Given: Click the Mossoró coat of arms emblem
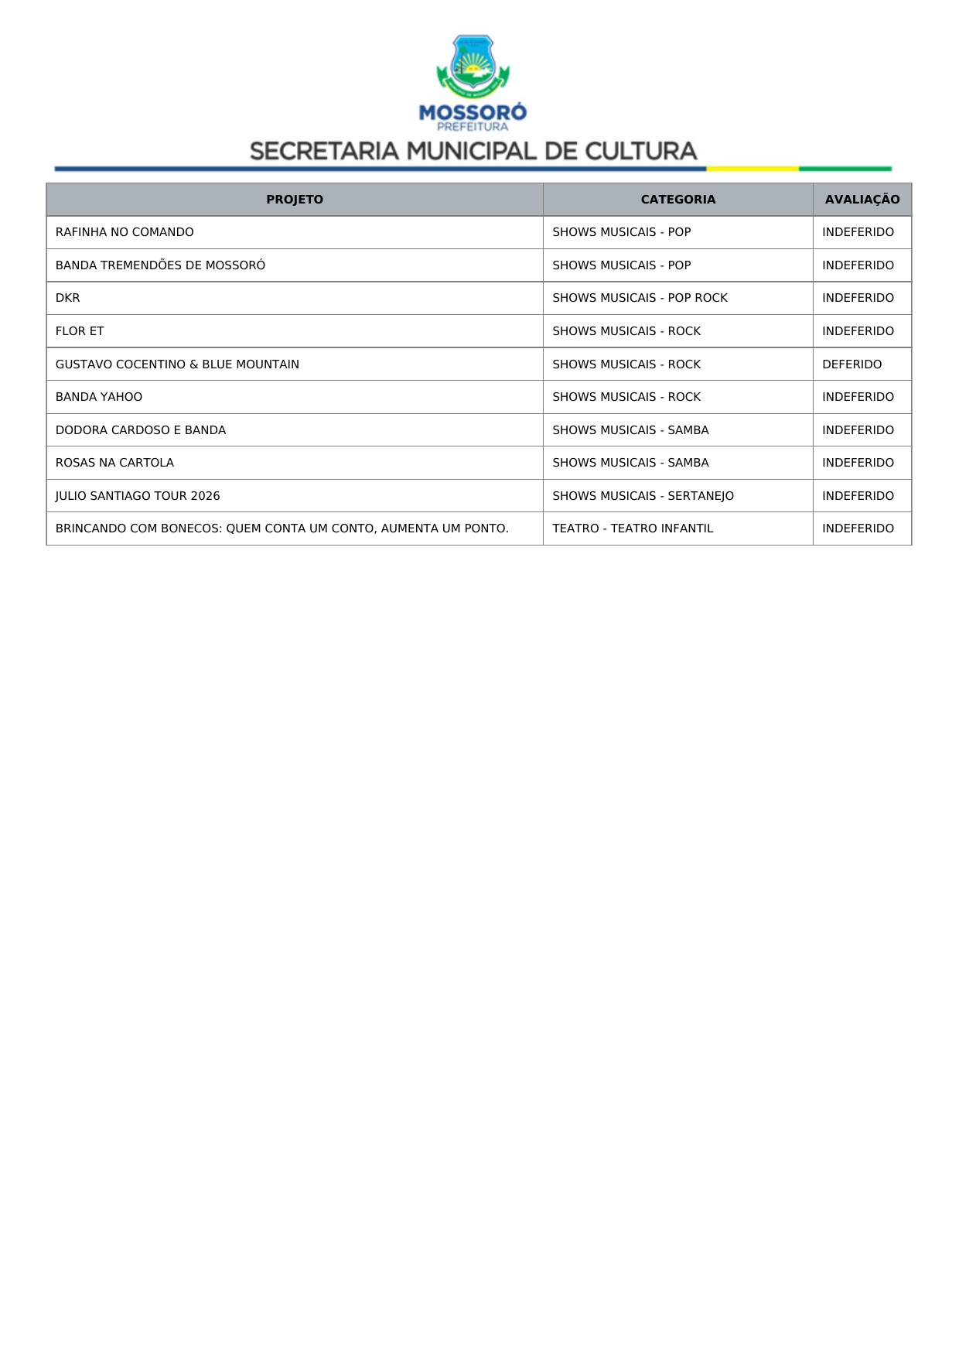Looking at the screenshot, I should [473, 67].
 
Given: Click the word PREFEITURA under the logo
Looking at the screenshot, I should [473, 127].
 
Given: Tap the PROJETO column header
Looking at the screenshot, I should [295, 200].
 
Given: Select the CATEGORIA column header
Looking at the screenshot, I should [677, 200].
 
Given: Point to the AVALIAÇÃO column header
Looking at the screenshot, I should [862, 200].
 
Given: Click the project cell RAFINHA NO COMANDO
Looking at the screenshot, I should [125, 232].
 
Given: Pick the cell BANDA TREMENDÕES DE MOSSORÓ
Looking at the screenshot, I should [160, 265].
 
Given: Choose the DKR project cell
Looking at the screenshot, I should [68, 298].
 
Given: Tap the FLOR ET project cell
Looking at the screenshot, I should [80, 331].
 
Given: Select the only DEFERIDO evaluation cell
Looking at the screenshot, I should [851, 364].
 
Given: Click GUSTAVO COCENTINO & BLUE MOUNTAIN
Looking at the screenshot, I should [177, 364].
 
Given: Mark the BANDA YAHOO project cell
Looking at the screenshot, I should [99, 397].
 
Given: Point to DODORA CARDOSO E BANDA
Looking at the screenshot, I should [141, 430].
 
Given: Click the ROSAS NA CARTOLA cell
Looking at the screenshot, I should [114, 463].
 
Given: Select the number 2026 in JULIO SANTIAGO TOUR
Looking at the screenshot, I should [206, 496].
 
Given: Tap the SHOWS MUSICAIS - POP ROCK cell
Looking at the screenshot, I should [640, 298].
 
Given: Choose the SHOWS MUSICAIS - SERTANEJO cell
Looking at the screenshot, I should [643, 496].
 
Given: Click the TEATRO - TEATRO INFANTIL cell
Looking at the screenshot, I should [633, 528].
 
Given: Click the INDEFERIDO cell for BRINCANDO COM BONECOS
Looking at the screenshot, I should [858, 528].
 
